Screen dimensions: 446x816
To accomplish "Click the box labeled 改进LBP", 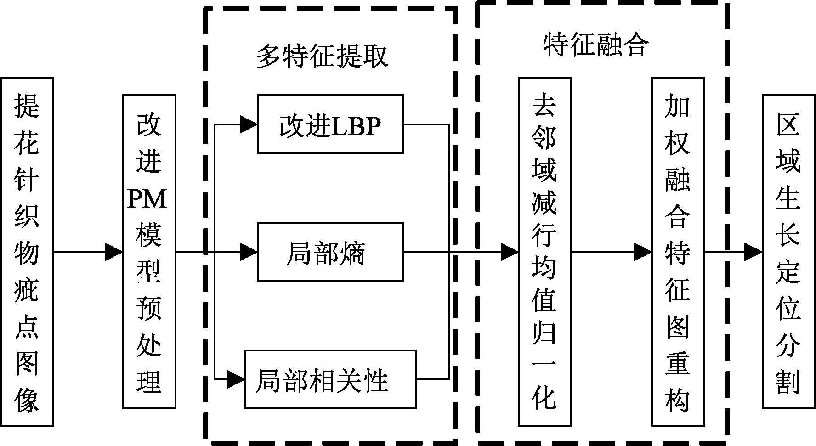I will (330, 124).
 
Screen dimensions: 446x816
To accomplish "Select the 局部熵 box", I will (330, 252).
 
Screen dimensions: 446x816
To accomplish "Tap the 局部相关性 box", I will (330, 379).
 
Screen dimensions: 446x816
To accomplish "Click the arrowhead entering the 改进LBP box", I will (248, 124).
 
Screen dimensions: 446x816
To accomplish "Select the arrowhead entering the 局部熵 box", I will (248, 252).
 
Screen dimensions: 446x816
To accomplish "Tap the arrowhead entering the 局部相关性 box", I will (236, 379).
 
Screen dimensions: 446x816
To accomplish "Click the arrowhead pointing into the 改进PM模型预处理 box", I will (113, 252).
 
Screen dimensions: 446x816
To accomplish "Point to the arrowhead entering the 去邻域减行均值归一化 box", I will (509, 252).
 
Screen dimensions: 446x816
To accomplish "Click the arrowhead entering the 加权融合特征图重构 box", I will (642, 252).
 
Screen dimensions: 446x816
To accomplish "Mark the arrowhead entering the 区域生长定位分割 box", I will (753, 252).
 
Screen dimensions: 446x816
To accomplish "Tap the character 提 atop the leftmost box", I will (27, 105).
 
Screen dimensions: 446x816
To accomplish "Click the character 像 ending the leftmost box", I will (27, 398).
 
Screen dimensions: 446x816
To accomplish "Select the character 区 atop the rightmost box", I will (788, 124).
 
